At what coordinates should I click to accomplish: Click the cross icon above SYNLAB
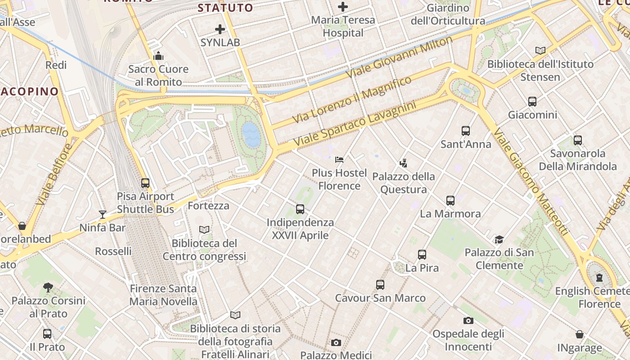point(220,30)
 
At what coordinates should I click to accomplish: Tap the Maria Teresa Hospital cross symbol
point(343,7)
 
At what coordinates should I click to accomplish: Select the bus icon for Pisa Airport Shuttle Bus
point(145,183)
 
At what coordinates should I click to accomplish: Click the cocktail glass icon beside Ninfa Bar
point(103,214)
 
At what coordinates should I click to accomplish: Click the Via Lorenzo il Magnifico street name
point(352,99)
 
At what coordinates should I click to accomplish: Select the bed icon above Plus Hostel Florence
point(339,160)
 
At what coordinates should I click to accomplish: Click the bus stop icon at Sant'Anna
point(466,131)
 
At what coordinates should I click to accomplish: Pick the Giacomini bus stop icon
point(532,102)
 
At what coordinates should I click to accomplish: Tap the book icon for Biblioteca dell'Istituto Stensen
point(540,51)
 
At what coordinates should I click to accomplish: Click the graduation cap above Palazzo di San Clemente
point(499,239)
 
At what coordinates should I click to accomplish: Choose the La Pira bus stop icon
point(422,255)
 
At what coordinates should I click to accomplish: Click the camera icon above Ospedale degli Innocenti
point(468,321)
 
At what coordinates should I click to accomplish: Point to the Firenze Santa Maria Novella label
point(163,295)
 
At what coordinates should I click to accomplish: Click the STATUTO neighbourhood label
point(225,8)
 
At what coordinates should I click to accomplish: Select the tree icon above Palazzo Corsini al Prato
point(48,287)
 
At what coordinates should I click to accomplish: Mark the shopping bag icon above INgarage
point(580,334)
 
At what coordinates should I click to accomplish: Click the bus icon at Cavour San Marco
point(380,285)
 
